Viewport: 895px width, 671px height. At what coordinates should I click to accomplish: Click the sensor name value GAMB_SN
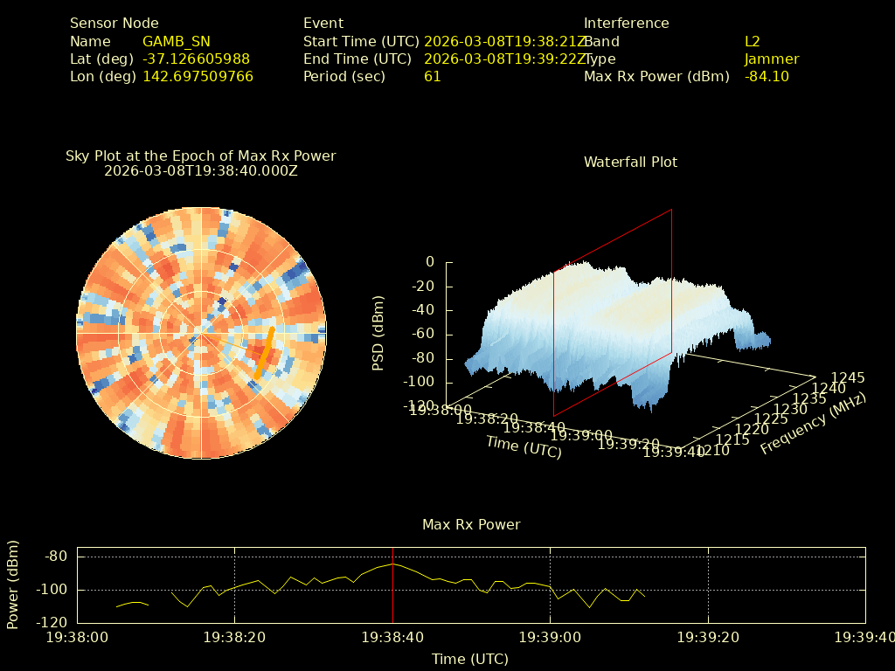177,41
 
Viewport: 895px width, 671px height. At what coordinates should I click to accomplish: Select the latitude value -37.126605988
196,59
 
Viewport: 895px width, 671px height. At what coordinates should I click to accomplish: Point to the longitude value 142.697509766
198,76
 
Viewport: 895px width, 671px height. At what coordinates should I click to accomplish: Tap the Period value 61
433,76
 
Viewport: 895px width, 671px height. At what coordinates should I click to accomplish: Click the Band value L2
753,41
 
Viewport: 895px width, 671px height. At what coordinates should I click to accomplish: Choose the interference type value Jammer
772,59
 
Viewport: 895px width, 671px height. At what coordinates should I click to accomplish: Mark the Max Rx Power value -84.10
767,76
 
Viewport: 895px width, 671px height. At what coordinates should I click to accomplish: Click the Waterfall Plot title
630,162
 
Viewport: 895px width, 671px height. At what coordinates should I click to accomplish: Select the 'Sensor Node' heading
114,24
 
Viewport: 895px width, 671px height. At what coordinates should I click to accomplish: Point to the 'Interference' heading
626,24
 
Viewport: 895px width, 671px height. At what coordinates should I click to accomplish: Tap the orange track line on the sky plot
265,351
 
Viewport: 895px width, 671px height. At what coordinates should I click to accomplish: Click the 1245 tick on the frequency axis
848,377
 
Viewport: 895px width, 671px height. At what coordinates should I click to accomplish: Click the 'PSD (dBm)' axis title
378,332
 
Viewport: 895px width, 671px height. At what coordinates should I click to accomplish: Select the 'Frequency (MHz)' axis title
813,424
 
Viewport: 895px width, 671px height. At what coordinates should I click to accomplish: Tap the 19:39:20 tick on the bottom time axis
708,638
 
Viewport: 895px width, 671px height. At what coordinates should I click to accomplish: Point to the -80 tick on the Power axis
58,557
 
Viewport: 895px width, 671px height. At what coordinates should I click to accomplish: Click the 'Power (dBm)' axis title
13,590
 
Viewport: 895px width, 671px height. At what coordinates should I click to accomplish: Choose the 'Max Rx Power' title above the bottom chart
471,524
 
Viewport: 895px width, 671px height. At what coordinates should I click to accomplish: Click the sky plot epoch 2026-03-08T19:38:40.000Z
201,170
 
